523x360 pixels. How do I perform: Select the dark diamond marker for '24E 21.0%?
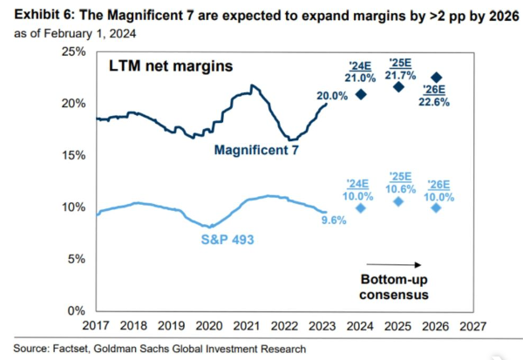[x=361, y=93]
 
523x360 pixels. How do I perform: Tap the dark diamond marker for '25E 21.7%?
[x=398, y=86]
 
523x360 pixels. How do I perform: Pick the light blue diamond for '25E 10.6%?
[x=398, y=201]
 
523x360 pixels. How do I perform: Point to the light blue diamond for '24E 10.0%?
[x=361, y=207]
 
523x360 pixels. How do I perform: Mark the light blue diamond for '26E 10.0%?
[x=437, y=207]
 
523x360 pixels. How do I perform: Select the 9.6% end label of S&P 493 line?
[x=334, y=221]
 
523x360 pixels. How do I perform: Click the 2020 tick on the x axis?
[x=209, y=325]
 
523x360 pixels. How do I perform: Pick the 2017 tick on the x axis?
[x=95, y=325]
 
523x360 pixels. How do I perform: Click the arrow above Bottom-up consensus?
[x=395, y=264]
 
